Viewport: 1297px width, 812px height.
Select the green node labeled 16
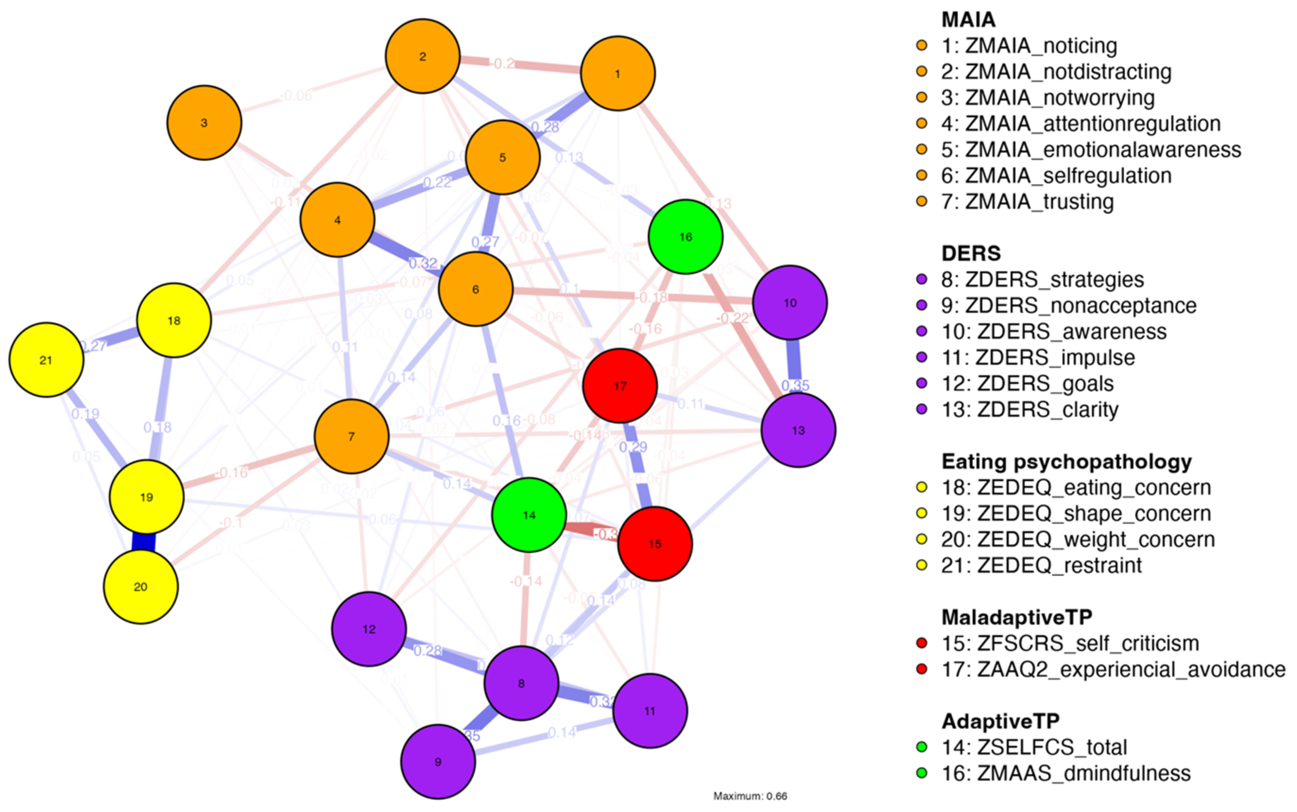click(685, 237)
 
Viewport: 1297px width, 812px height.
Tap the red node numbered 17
click(620, 386)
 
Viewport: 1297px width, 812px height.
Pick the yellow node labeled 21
click(46, 360)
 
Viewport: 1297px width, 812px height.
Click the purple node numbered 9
click(438, 762)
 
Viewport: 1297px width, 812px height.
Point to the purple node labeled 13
click(798, 430)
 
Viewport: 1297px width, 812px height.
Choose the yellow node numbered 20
click(140, 586)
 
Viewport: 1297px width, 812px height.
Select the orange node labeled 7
click(352, 436)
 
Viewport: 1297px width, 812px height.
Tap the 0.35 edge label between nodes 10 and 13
click(795, 385)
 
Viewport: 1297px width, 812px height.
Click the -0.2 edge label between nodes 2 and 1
click(502, 64)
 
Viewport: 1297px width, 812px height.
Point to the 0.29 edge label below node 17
click(633, 447)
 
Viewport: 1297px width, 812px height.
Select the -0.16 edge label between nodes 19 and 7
click(232, 473)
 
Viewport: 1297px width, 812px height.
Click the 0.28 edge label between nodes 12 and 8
click(428, 651)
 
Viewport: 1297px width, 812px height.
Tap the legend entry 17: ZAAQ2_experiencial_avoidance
click(1113, 669)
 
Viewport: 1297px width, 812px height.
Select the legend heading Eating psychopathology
click(1066, 461)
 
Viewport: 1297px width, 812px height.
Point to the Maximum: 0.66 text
click(750, 796)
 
